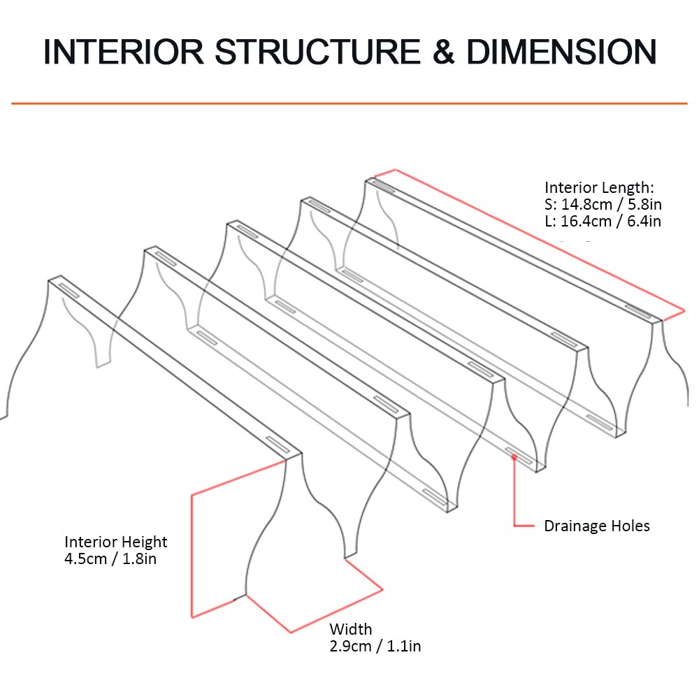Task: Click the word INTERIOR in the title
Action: tap(123, 53)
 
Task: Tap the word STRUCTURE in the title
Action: tap(315, 53)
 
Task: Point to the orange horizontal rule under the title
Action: tap(349, 103)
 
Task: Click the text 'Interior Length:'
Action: tap(599, 187)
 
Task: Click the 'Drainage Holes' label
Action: tap(597, 526)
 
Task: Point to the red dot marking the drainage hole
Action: tap(514, 458)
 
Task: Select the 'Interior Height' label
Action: tap(116, 542)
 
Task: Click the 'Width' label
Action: tap(351, 629)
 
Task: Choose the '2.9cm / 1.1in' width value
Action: tap(375, 646)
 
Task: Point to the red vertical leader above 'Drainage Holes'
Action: tap(514, 493)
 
